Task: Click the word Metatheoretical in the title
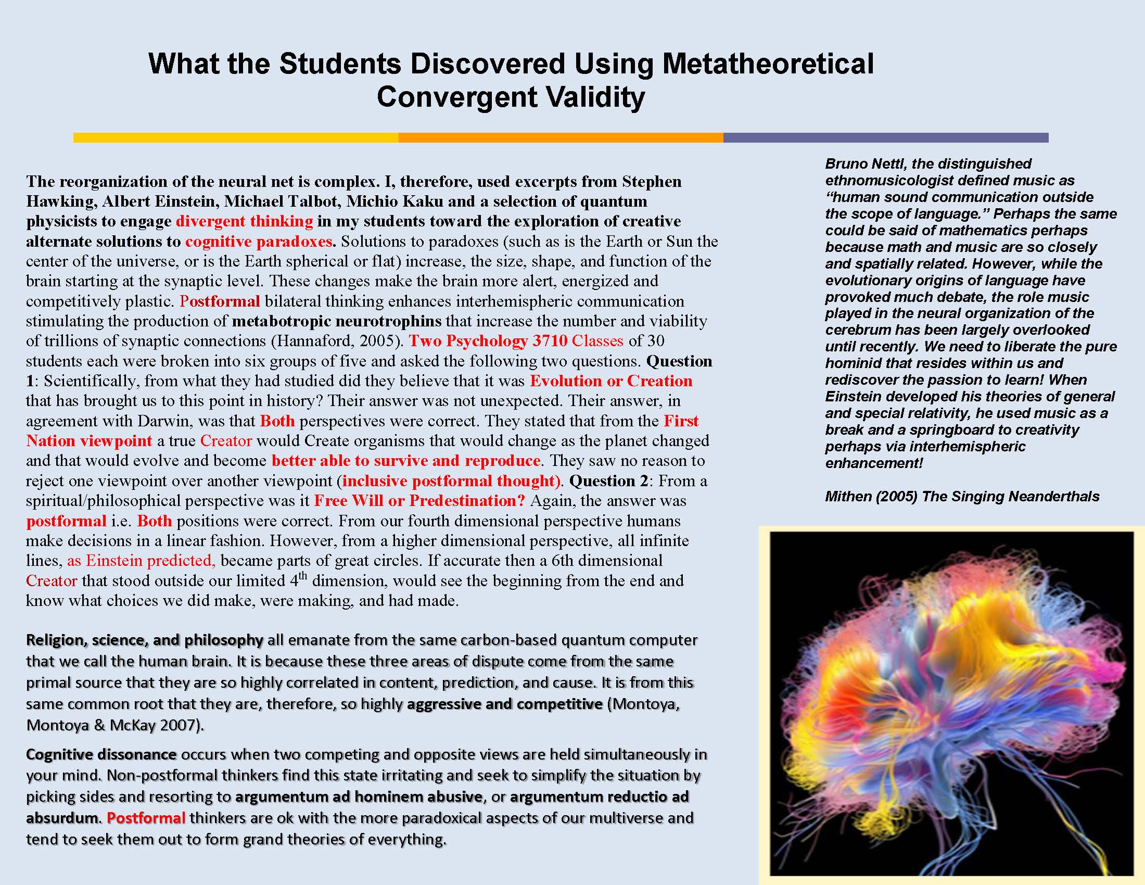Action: pyautogui.click(x=766, y=64)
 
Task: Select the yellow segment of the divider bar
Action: pyautogui.click(x=236, y=138)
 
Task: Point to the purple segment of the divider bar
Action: pyautogui.click(x=886, y=138)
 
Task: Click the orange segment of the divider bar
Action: pyautogui.click(x=561, y=138)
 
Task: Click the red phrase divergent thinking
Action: pyautogui.click(x=244, y=221)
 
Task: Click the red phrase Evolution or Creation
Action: pyautogui.click(x=611, y=381)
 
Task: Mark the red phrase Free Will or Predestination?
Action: pyautogui.click(x=419, y=501)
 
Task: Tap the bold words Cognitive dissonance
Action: pyautogui.click(x=101, y=754)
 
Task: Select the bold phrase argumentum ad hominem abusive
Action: pyautogui.click(x=359, y=797)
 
